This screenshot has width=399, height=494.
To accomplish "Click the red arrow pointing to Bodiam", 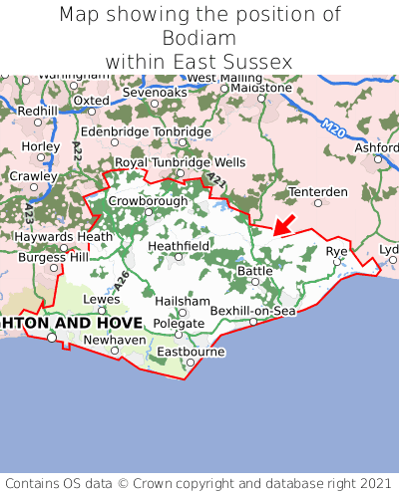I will [283, 224].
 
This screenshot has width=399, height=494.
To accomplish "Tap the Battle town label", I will [254, 271].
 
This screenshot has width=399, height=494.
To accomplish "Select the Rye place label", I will [337, 251].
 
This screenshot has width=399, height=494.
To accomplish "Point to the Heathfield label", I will [179, 245].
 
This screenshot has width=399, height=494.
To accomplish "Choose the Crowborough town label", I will [148, 200].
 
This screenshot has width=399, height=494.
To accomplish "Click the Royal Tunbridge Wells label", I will [180, 161].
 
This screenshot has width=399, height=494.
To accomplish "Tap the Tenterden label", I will [317, 191].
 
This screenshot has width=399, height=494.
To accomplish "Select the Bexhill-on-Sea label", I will [252, 311].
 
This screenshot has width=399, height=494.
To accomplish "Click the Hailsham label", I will [183, 301].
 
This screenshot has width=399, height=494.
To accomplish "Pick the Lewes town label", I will [101, 299].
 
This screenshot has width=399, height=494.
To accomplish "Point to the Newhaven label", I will [113, 340].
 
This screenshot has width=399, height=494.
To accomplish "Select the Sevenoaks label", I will [155, 92].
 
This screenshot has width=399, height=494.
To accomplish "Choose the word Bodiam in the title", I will [199, 38].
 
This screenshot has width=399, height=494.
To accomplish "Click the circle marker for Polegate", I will [179, 335].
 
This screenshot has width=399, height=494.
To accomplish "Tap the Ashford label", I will [376, 147].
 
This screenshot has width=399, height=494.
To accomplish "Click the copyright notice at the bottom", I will [199, 481].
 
